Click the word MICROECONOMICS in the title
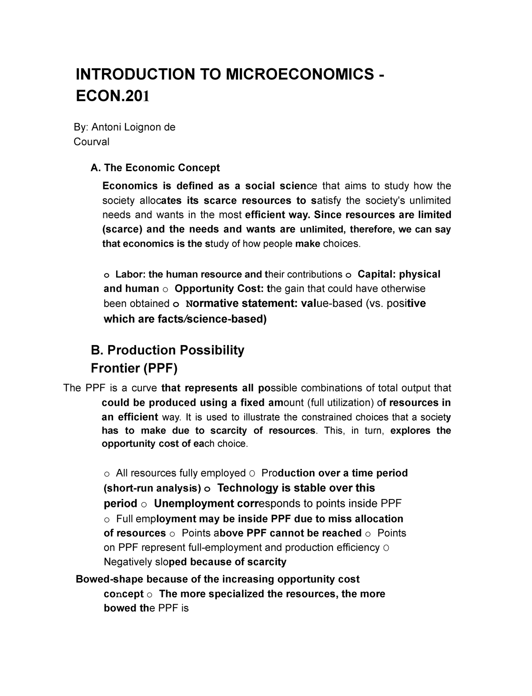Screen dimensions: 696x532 300,74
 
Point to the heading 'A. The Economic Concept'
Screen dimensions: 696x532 155,168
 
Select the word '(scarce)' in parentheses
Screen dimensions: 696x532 121,229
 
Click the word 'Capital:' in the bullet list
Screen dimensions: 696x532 376,274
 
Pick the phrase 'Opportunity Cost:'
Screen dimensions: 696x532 219,289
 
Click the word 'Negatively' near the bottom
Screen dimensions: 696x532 129,562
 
